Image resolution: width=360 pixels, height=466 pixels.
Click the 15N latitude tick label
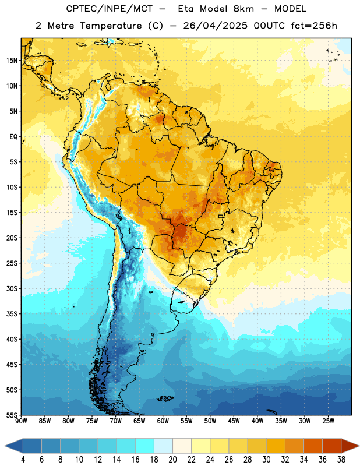12,61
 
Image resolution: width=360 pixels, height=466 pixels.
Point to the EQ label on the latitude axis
13,137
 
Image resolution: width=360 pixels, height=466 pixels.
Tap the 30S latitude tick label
12,288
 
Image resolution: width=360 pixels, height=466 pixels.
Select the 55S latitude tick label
12,415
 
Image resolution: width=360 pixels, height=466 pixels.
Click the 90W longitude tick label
21,421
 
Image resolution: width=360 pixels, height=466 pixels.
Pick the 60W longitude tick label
163,421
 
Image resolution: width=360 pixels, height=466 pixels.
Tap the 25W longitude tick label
328,421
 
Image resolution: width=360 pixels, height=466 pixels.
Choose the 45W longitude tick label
234,421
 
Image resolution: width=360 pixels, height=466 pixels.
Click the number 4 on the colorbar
23,460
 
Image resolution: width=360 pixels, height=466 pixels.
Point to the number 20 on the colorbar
172,460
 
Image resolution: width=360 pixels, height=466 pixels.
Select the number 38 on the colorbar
341,460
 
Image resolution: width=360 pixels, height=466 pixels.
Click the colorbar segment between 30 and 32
276,446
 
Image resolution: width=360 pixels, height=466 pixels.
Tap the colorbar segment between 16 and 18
144,446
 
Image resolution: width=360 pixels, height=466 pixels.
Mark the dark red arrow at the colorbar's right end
350,446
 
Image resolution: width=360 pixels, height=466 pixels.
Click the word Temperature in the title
111,26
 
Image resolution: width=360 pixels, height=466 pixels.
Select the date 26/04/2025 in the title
215,26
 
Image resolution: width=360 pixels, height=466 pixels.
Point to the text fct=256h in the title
314,26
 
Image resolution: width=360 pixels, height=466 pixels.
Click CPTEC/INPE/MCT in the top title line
110,9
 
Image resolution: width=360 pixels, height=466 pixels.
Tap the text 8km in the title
243,9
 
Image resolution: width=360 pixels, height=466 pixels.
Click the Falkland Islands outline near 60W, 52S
165,398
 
